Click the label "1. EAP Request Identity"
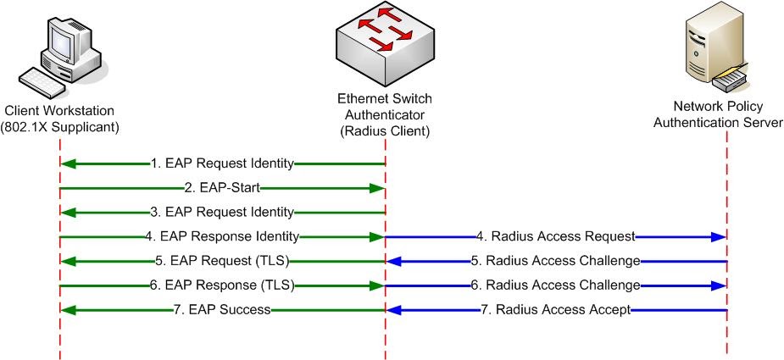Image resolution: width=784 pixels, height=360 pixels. tap(223, 163)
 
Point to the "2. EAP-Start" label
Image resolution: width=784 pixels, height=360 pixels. tap(223, 187)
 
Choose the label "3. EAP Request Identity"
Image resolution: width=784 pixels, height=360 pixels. tap(223, 212)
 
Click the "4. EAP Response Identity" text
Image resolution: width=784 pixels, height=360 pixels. tap(222, 236)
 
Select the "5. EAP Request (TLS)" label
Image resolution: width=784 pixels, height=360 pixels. tap(223, 261)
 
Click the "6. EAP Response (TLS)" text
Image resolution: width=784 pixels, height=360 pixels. tap(222, 285)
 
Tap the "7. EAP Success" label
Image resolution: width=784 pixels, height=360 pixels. tap(223, 310)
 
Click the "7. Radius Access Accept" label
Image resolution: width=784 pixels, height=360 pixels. tap(556, 310)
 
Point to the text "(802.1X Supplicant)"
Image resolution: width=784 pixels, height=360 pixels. tap(59, 126)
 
